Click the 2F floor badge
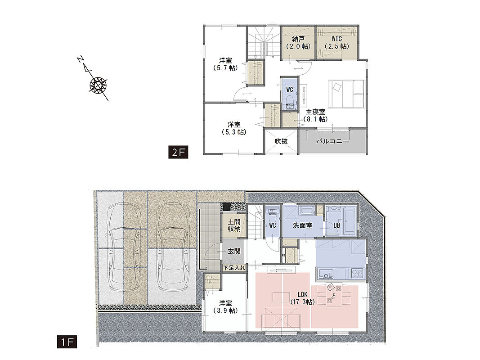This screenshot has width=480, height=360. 178,152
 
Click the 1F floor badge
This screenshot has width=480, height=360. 67,342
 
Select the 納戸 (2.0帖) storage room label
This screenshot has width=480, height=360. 298,43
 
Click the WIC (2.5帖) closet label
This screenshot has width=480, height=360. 337,43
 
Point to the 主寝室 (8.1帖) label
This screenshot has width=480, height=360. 316,115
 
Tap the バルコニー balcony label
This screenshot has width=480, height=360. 332,141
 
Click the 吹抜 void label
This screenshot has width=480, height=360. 281,141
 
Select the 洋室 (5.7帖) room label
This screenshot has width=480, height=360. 225,64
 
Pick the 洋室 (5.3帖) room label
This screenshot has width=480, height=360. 234,129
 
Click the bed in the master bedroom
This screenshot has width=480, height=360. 346,94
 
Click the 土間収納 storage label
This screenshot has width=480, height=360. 234,225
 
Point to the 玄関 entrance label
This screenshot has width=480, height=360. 234,252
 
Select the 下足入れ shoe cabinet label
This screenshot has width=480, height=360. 234,268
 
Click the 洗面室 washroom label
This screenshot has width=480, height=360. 302,225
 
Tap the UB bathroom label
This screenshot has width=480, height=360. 336,225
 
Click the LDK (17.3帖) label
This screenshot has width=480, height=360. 302,298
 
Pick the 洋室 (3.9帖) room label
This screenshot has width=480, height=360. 225,307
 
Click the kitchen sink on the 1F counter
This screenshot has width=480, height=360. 325,273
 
